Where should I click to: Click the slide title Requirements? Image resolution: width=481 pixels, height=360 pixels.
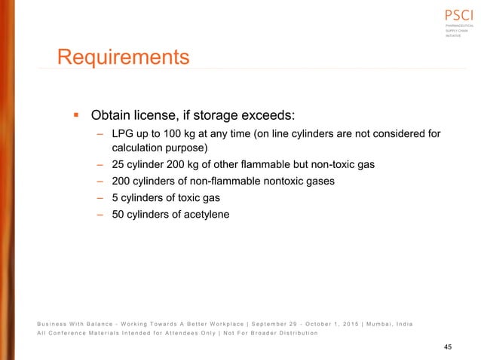point(124,57)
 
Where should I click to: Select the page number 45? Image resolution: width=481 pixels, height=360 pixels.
point(448,346)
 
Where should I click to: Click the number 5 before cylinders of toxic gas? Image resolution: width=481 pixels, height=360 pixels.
point(115,198)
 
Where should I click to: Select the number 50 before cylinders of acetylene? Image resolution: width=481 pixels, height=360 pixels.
point(119,214)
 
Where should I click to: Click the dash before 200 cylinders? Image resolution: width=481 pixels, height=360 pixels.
point(100,182)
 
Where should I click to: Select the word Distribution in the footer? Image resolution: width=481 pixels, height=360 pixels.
point(292,333)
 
